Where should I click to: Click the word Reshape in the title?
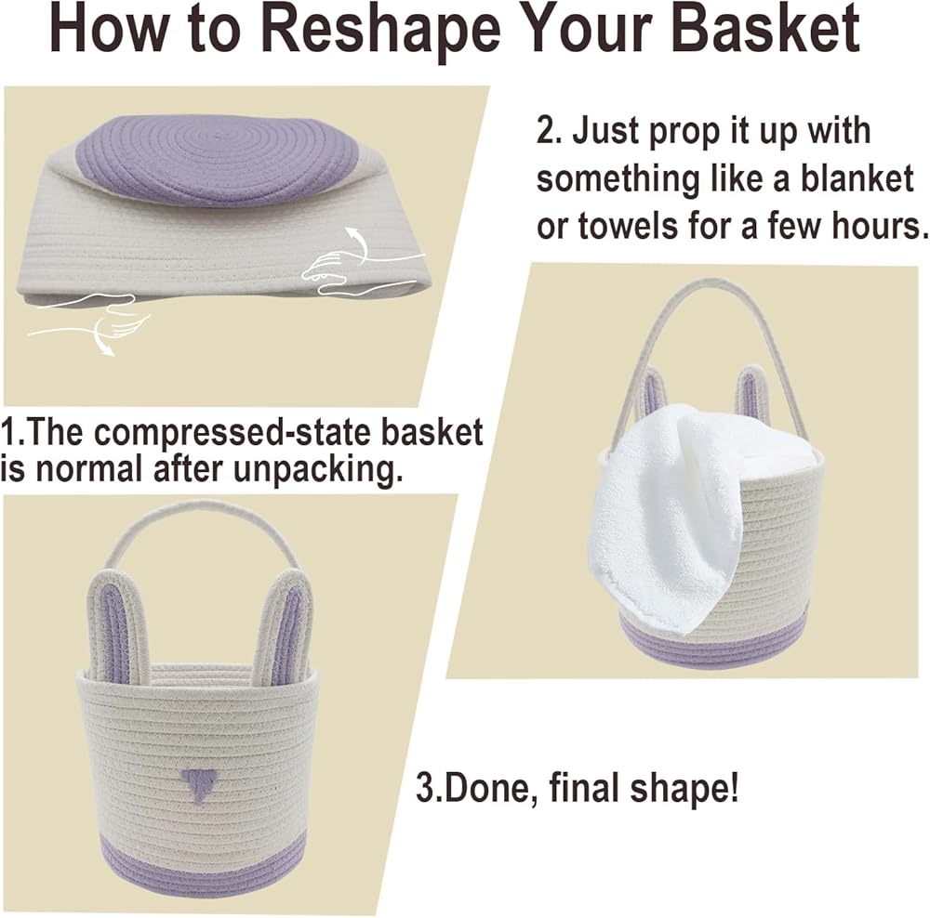click(380, 29)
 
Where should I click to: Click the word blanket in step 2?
click(857, 178)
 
